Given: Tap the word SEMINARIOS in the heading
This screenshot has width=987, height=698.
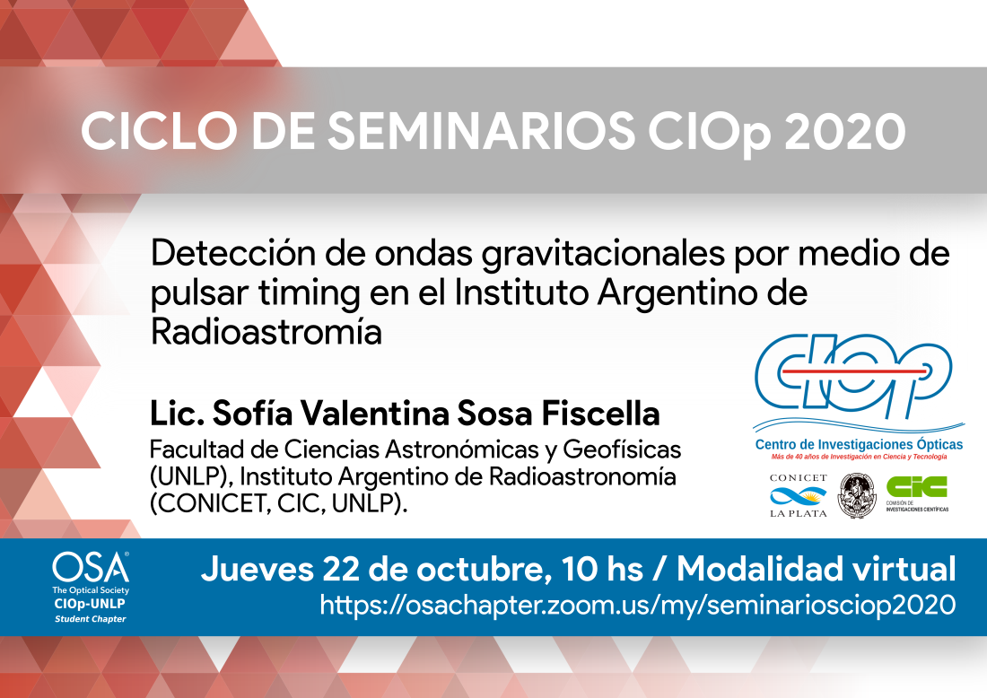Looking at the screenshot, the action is click(482, 132).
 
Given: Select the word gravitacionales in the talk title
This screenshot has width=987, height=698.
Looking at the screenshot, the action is click(603, 255).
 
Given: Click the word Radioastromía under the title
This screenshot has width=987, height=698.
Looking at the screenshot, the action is click(266, 332).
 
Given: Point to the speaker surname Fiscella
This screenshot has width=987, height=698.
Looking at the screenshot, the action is click(600, 414).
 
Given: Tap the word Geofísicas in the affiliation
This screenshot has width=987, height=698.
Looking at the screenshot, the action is click(622, 449).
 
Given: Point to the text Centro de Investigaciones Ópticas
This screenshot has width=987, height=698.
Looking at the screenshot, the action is click(859, 444).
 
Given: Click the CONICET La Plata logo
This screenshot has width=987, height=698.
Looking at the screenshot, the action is click(799, 496).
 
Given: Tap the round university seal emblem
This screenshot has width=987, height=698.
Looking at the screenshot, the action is click(857, 496).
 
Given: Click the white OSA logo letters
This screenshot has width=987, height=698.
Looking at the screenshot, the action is click(91, 568).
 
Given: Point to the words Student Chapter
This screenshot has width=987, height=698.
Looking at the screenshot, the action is click(91, 619).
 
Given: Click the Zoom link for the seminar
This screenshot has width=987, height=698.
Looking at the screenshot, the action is click(638, 605).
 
